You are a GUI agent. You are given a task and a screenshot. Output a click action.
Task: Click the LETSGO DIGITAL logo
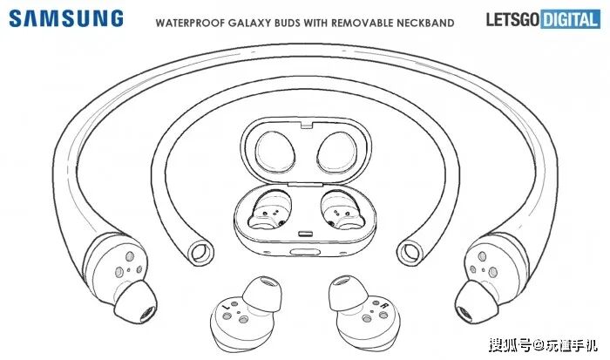click(x=546, y=17)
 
